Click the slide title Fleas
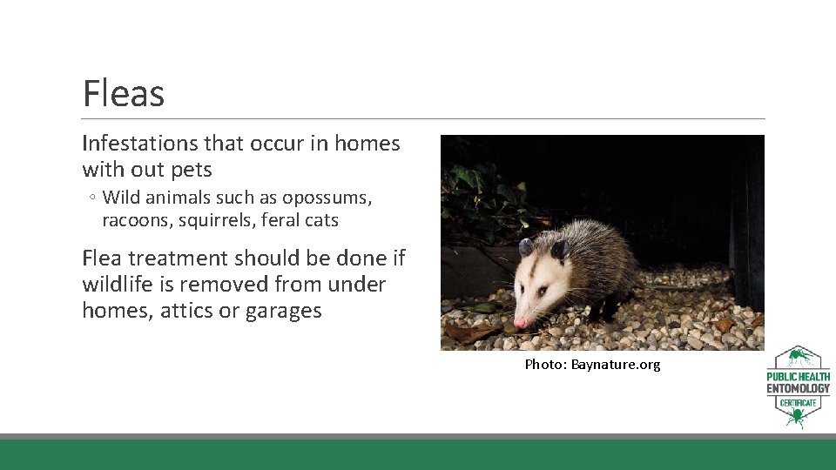(123, 93)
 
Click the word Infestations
(140, 144)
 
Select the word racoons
(137, 221)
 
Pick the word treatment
(184, 258)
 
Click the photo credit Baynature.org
(615, 365)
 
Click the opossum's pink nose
(520, 321)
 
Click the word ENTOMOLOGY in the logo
(799, 388)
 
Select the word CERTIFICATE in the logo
(799, 403)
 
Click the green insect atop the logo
(799, 358)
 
